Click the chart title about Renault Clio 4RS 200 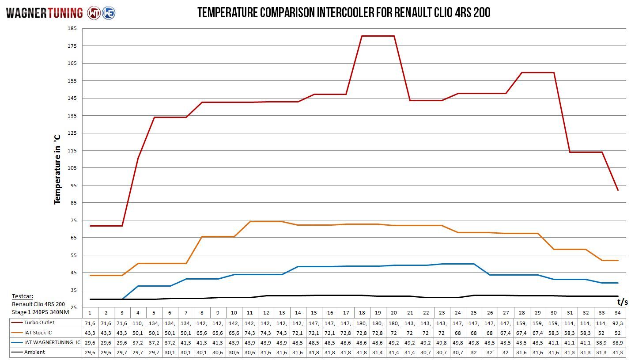tap(344, 12)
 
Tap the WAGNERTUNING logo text tap(44, 13)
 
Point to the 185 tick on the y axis tap(72, 29)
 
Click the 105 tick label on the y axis tap(72, 168)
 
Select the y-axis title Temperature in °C tap(57, 170)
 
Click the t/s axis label tap(622, 302)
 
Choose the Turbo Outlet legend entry tap(39, 323)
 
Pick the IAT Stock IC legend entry tap(38, 333)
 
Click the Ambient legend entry tap(34, 352)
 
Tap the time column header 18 tap(362, 313)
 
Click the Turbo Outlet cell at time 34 tap(618, 323)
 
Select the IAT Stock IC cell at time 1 tap(90, 333)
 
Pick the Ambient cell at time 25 tap(474, 352)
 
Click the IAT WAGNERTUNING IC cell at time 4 tap(138, 342)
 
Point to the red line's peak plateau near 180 tap(378, 36)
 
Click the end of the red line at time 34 tap(618, 190)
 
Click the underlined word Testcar tap(22, 296)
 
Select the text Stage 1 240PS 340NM tap(41, 312)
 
